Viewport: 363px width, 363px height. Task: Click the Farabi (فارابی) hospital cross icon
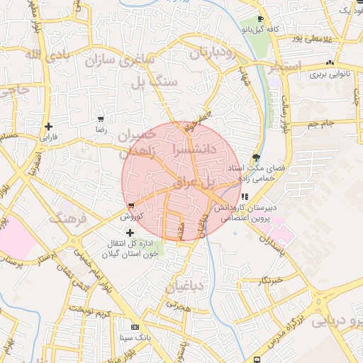[x=48, y=126]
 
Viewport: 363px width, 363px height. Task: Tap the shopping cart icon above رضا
[x=101, y=119]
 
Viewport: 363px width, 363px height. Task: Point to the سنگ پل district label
[x=153, y=82]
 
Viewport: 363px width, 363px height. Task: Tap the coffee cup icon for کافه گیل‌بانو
[x=260, y=19]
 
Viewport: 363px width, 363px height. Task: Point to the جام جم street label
[x=321, y=125]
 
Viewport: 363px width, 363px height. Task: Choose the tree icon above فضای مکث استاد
[x=256, y=157]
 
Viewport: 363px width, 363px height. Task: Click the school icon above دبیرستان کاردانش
[x=245, y=196]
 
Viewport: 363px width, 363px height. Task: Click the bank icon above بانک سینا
[x=135, y=328]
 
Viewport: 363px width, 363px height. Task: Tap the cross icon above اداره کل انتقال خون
[x=129, y=232]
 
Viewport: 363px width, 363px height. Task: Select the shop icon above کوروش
[x=131, y=206]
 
